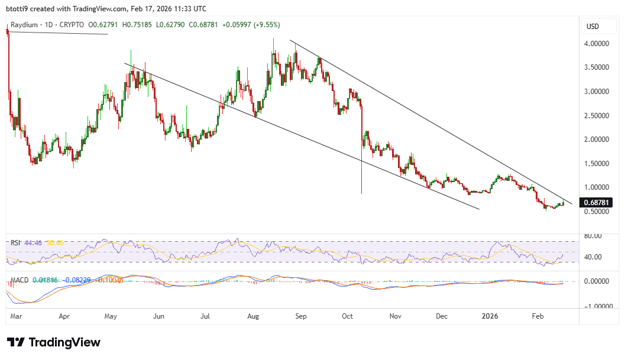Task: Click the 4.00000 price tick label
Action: tap(597, 44)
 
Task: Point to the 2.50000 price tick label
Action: tap(597, 115)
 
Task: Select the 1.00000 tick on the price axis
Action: tap(597, 187)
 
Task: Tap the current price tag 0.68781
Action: tap(597, 202)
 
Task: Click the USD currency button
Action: tap(592, 26)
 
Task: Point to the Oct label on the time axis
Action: tap(347, 316)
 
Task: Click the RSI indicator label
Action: tap(15, 243)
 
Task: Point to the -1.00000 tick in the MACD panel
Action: tap(597, 306)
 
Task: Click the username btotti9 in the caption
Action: tap(18, 9)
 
